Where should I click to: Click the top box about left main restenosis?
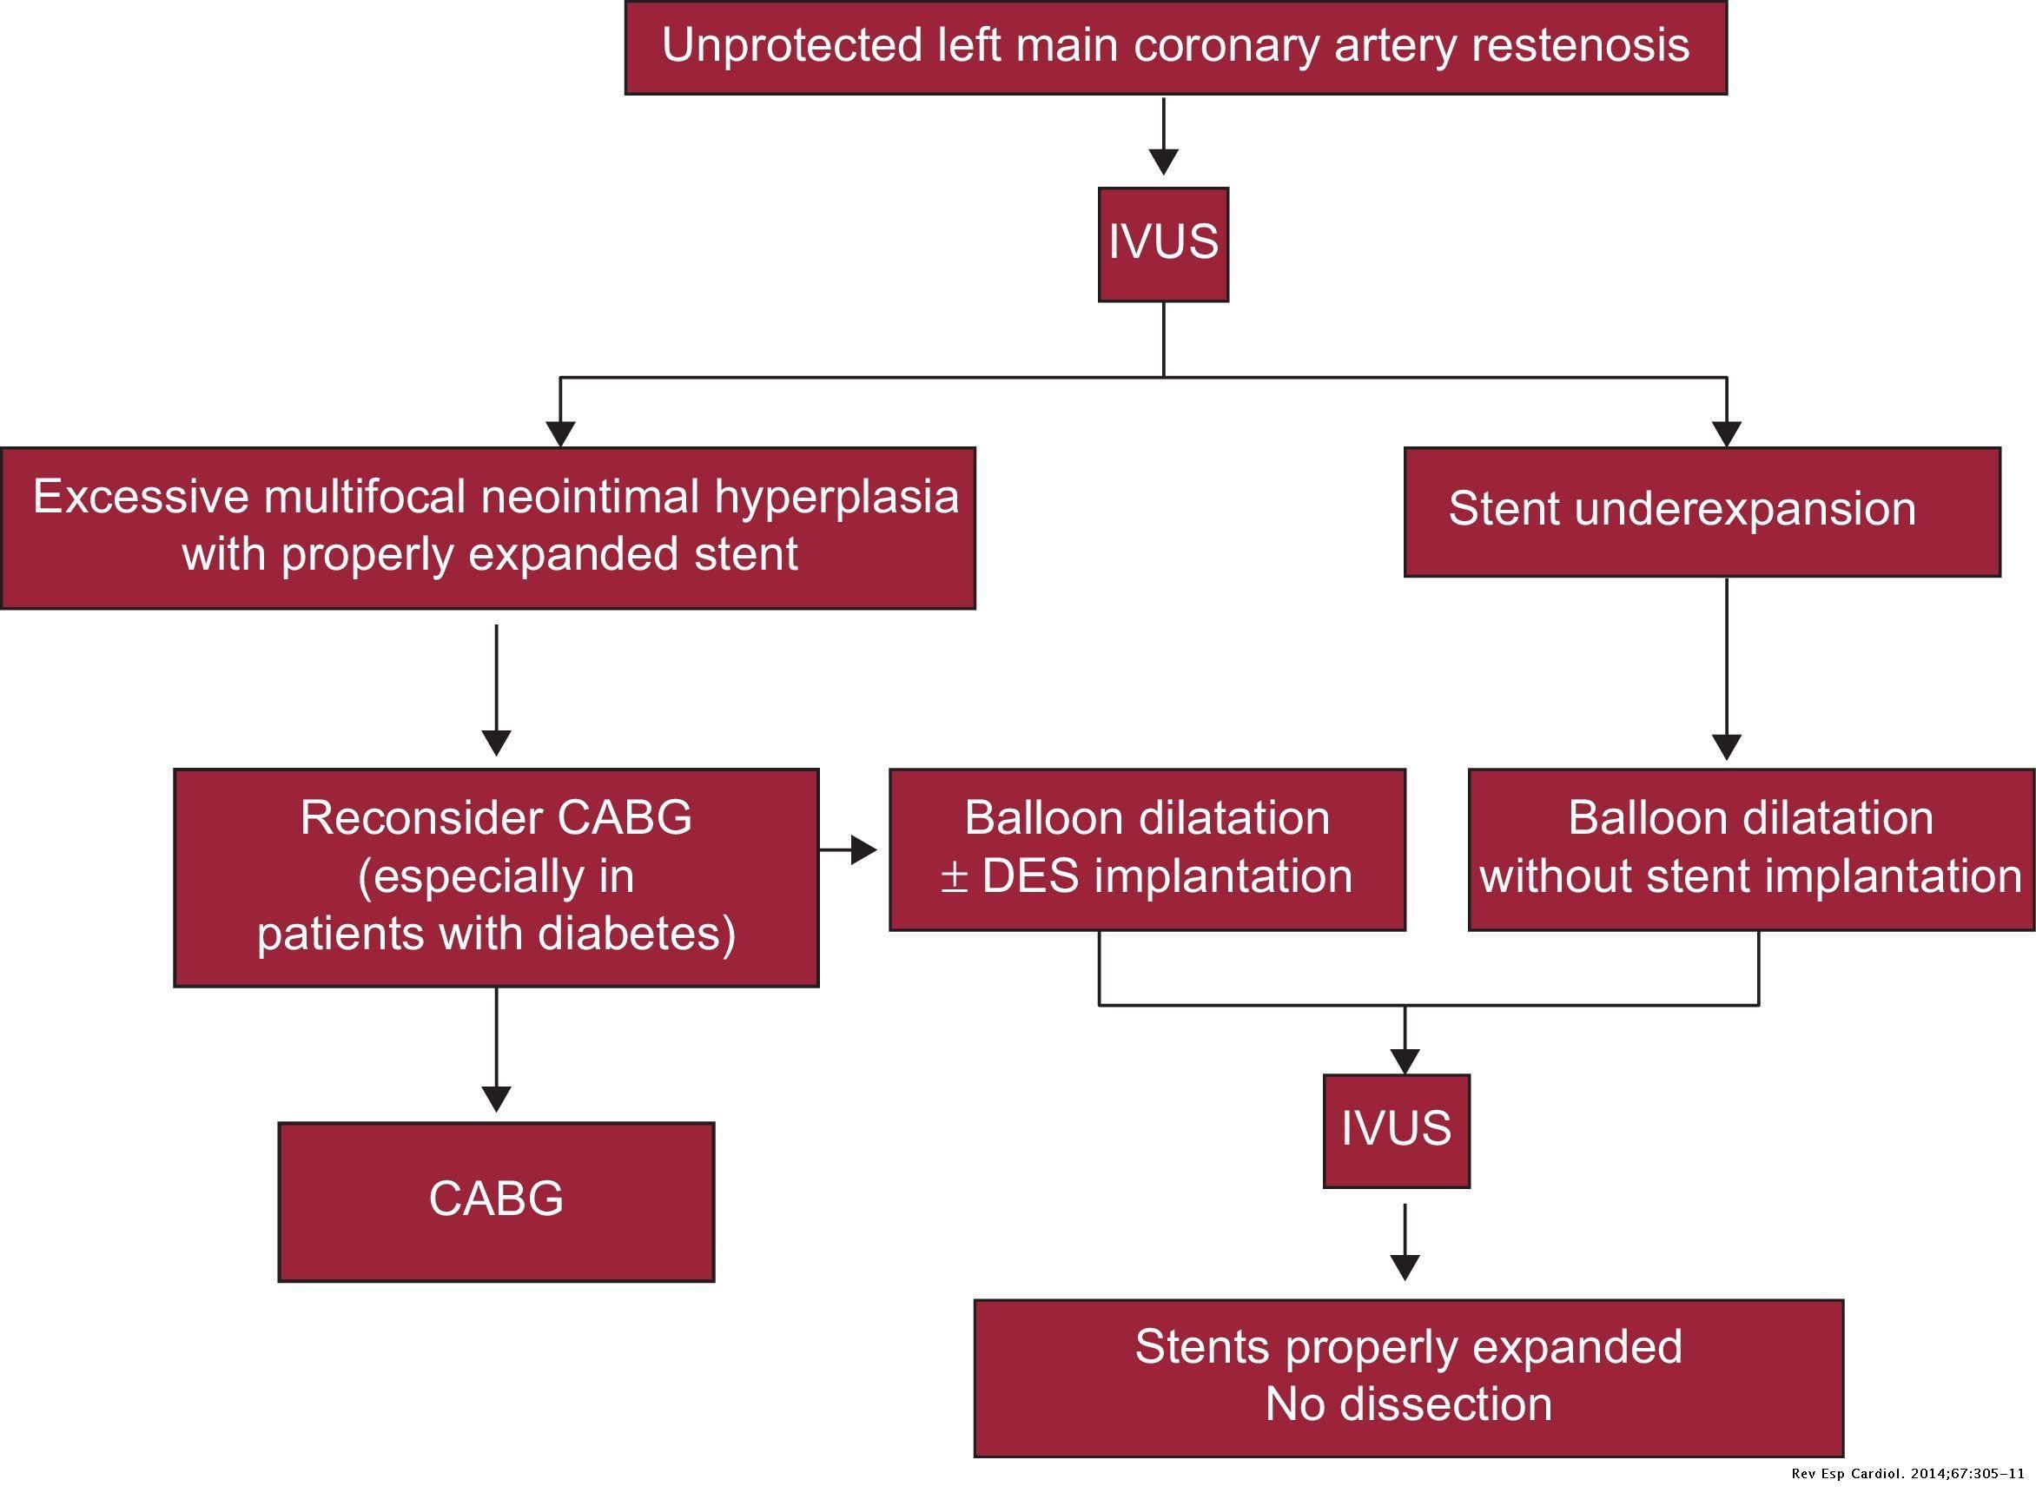(x=1175, y=47)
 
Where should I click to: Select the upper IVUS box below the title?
(x=1163, y=244)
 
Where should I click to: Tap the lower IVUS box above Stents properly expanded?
(x=1396, y=1130)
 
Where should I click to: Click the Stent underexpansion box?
(x=1702, y=512)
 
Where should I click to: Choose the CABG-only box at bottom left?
(x=496, y=1201)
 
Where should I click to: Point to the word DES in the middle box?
(x=1030, y=876)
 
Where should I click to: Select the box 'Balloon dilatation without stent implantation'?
(x=1750, y=849)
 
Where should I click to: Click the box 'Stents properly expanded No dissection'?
(x=1408, y=1377)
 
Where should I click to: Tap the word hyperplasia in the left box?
(x=836, y=498)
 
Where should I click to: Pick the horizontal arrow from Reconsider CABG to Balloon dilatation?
(x=849, y=849)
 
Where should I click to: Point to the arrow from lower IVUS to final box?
(x=1405, y=1243)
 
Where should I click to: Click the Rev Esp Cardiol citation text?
(x=1907, y=1474)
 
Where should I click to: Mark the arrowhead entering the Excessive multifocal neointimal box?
(x=560, y=433)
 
